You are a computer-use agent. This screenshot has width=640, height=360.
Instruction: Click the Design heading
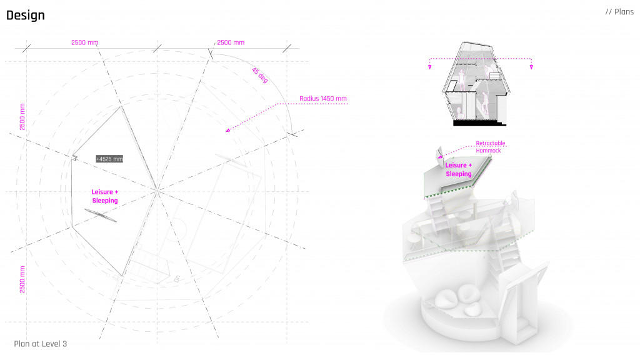[x=25, y=16]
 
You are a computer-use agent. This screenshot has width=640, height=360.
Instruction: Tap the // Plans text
[x=619, y=12]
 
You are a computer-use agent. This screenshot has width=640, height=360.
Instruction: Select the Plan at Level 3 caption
[x=41, y=344]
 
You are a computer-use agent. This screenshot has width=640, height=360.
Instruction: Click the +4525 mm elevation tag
[x=109, y=159]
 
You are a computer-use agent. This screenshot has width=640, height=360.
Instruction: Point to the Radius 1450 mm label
[x=323, y=98]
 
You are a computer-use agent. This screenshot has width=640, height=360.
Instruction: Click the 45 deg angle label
[x=259, y=75]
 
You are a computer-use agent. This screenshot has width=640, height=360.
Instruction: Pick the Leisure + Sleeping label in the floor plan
[x=105, y=196]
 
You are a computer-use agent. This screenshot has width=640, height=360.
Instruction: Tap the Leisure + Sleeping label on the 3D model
[x=458, y=169]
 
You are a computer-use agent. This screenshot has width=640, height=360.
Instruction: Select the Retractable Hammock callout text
[x=490, y=147]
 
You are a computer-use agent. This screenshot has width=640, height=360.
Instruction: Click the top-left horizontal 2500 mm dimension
[x=85, y=42]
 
